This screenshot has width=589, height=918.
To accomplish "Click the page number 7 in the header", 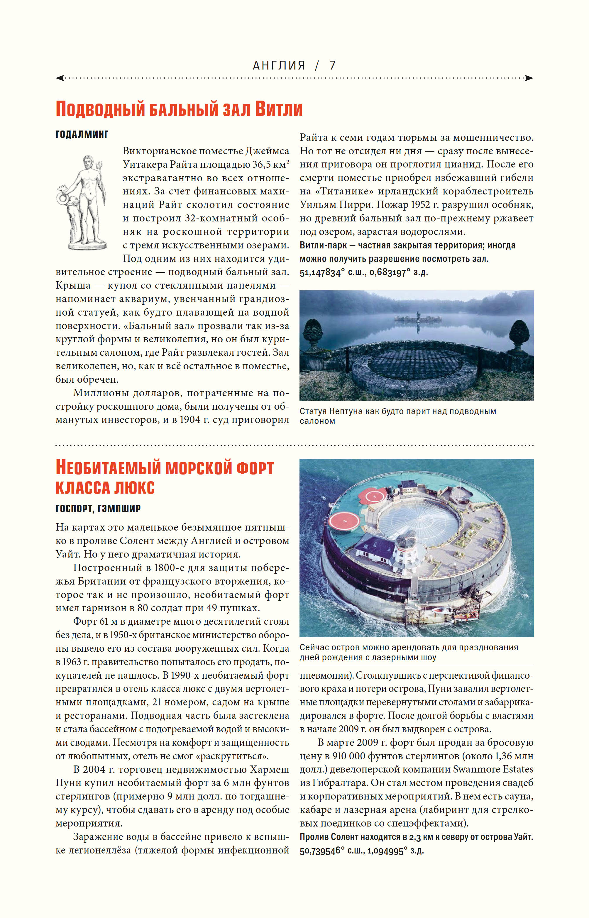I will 332,65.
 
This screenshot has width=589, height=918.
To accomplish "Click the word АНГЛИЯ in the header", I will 279,65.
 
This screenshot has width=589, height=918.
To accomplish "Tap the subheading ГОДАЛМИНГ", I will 82,134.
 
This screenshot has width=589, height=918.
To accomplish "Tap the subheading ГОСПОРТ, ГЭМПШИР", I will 98,508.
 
